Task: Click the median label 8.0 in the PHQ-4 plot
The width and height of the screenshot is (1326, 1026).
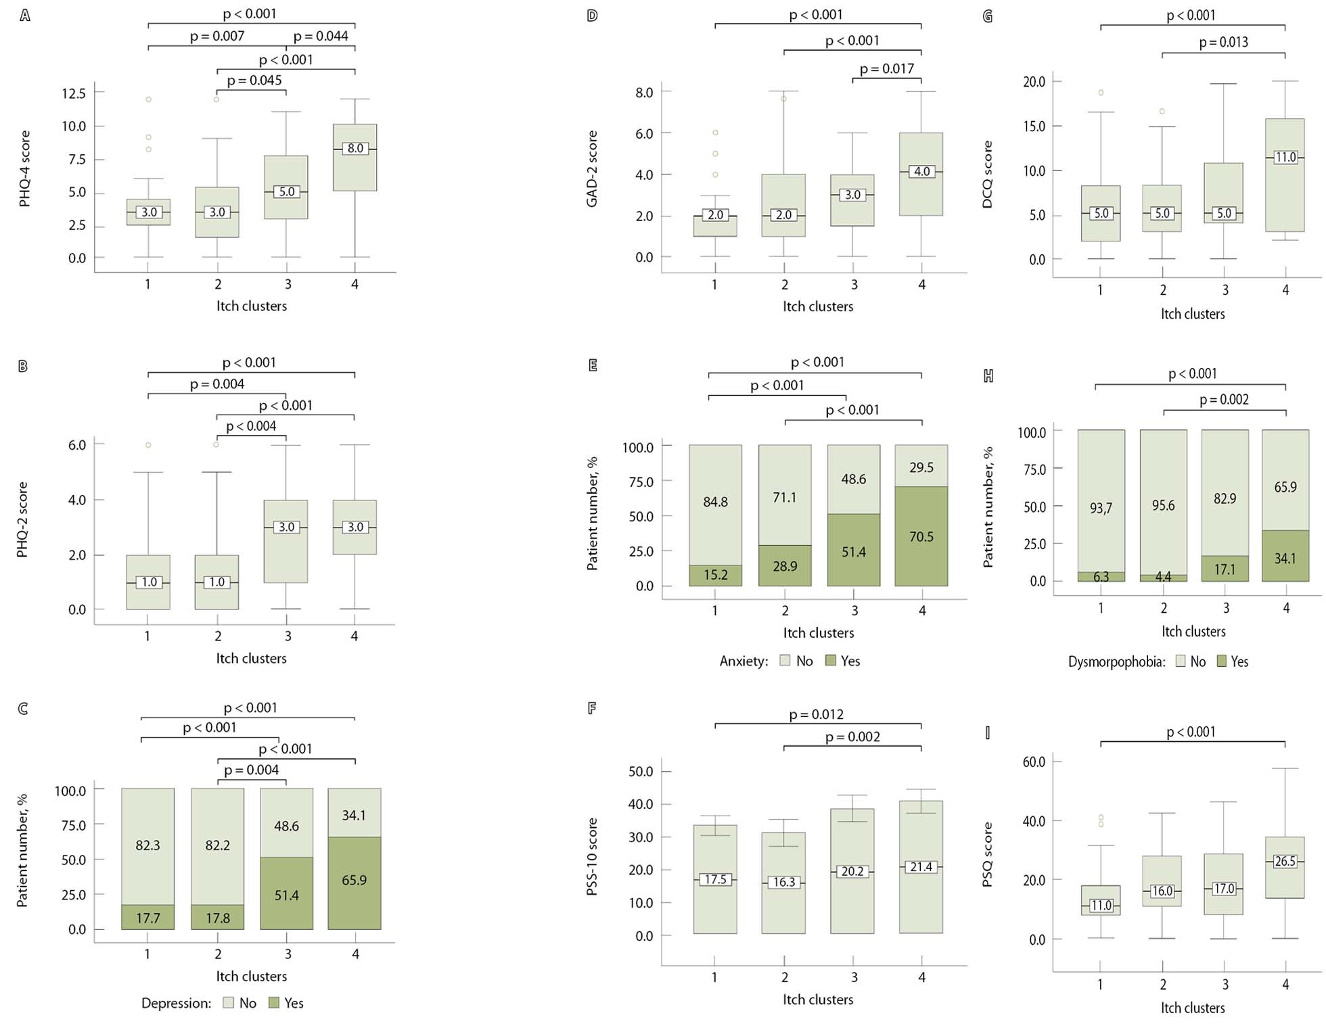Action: coord(355,148)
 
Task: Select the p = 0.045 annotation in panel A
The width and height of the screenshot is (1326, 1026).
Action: coord(254,80)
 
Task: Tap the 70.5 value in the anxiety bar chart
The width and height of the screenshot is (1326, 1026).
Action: coord(921,537)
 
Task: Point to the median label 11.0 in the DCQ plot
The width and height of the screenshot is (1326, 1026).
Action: coord(1285,157)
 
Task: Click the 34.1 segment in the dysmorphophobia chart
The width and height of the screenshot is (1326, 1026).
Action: coord(1285,559)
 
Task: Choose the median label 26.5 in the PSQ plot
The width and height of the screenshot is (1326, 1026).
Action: coord(1285,861)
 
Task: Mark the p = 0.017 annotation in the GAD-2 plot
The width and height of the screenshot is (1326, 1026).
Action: coord(886,69)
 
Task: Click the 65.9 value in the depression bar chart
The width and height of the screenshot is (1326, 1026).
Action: coord(355,880)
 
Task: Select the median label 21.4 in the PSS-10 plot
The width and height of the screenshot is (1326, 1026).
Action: coord(921,866)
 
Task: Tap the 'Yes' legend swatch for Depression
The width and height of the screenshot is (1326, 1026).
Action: coord(274,1003)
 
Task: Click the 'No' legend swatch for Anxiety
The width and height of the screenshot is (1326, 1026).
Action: coord(785,661)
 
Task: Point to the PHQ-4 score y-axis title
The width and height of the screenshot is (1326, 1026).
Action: coord(25,169)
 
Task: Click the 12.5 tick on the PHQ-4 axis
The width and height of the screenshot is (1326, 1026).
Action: coord(74,93)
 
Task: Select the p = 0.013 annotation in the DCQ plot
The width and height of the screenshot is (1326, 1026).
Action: coord(1223,43)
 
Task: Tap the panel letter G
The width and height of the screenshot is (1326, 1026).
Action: coord(988,16)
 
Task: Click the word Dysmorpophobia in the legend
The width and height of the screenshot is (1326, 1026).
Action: coord(1116,662)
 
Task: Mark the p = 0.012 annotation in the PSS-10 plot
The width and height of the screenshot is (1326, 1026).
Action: coord(817,714)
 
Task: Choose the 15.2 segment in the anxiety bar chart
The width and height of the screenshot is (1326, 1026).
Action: coord(715,575)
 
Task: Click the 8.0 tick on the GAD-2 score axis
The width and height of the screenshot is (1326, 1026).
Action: coord(644,92)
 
